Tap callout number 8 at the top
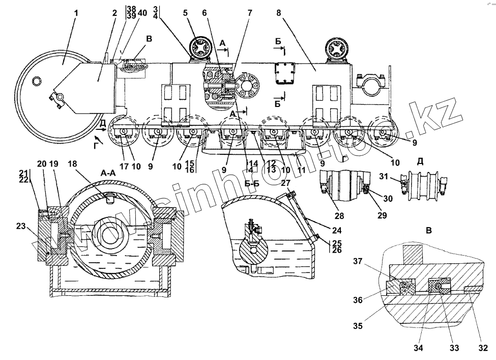pos(279,12)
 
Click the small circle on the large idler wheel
pos(37,81)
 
